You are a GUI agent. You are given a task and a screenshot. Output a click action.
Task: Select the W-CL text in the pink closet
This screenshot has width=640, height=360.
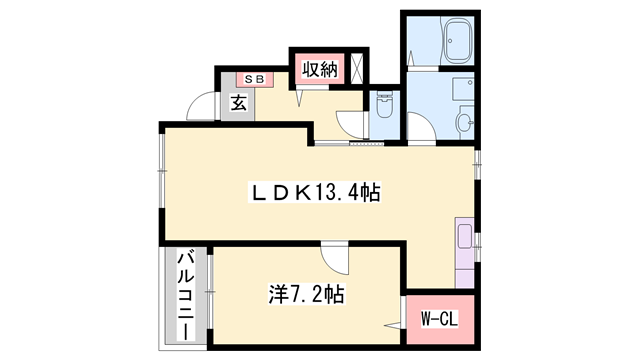tap(439, 319)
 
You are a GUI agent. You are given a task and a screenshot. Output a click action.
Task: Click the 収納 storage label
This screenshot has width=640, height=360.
tap(319, 70)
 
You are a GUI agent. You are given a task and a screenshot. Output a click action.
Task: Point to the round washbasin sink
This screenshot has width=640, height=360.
tap(467, 123)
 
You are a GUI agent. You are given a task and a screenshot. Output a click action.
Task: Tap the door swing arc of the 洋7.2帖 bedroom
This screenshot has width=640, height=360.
tap(339, 259)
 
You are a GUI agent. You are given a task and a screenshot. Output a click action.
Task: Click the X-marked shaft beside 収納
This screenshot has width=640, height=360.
tap(357, 66)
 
